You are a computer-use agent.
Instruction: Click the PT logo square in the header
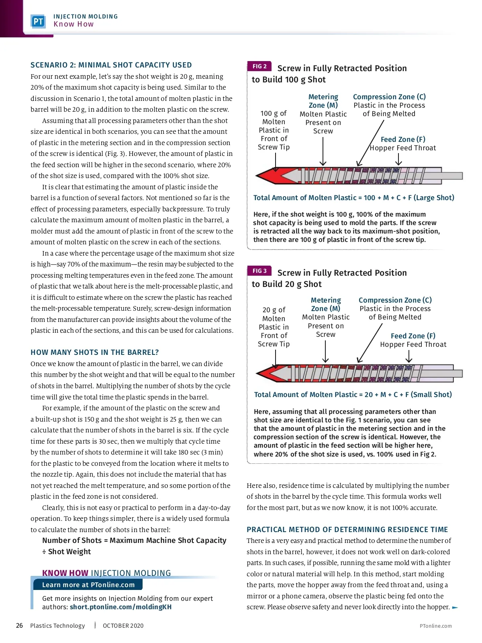coord(38,21)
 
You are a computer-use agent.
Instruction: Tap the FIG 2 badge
coord(259,66)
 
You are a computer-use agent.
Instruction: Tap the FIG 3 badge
coord(259,271)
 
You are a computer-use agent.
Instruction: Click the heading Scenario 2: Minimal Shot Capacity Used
coord(111,65)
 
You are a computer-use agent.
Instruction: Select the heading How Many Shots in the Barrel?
coord(95,352)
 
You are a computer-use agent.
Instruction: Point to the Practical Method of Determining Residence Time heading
coord(347,530)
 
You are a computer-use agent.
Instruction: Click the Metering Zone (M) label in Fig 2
coord(323,101)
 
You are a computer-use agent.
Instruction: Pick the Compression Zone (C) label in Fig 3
coord(395,300)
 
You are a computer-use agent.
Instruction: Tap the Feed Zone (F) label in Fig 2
coord(403,139)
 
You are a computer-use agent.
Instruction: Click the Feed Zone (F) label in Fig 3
coord(413,336)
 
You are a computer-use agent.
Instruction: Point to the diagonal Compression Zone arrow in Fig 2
coord(370,143)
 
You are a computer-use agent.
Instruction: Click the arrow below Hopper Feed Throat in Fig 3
coord(409,356)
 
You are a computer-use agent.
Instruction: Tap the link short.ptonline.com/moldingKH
coord(120,607)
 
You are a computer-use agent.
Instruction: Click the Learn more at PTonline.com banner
coord(88,585)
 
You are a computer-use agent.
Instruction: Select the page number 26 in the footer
coord(19,625)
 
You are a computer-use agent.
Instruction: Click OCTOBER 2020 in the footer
coord(123,625)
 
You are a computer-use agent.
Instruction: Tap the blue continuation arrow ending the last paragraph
coord(455,607)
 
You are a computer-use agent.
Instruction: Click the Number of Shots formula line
coord(134,541)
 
